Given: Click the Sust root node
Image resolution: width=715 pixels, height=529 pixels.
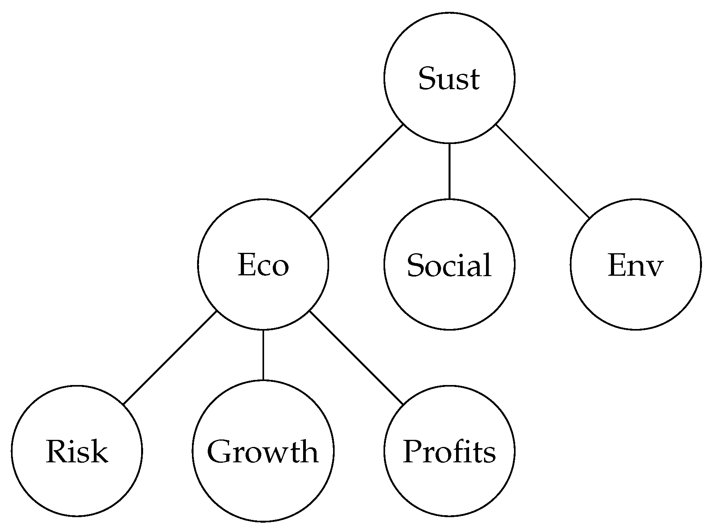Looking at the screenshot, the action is (x=449, y=78).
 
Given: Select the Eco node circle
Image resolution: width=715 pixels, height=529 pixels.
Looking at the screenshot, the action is (x=263, y=264).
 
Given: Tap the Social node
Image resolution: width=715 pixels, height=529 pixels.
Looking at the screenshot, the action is (x=449, y=264).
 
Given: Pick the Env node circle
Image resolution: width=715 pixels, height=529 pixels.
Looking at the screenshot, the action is (x=635, y=264).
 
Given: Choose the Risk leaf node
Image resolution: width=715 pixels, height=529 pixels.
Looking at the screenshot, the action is (x=77, y=451).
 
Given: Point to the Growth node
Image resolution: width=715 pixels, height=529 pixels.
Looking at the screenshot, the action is (x=263, y=451).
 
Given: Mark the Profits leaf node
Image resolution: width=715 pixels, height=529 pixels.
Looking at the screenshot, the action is (x=449, y=451).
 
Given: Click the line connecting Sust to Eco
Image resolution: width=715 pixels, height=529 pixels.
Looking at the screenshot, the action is (x=356, y=171).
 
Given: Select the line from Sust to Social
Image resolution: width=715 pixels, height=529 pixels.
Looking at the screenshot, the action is (x=449, y=171).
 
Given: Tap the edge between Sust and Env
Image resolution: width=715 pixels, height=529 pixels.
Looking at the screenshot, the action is (x=542, y=171).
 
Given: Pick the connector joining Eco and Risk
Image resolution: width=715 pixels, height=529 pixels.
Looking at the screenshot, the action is (x=170, y=358).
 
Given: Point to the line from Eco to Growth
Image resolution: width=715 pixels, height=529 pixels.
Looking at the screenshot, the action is (x=263, y=355).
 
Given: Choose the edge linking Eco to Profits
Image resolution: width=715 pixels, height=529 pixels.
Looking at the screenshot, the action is (x=356, y=358).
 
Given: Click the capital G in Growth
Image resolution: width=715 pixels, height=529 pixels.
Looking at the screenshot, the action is (x=219, y=451).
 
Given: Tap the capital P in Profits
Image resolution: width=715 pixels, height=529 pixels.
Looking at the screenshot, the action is (x=413, y=451).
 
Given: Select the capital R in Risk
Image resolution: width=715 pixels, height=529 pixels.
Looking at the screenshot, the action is (x=58, y=451).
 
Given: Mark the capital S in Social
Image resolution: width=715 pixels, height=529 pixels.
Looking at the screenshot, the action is (x=415, y=265).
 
